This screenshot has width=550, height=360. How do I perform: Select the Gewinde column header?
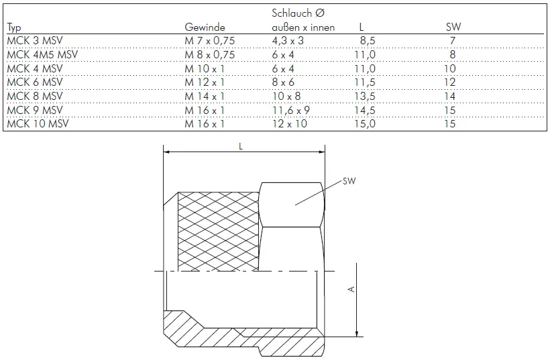204,27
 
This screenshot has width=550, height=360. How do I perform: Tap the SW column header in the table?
453,27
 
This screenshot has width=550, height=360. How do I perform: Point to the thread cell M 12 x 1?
204,82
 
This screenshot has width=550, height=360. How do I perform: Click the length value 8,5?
368,42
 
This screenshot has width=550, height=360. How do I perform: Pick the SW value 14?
450,96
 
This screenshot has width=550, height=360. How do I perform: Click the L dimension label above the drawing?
241,145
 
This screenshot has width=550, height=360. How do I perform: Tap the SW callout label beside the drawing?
348,181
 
